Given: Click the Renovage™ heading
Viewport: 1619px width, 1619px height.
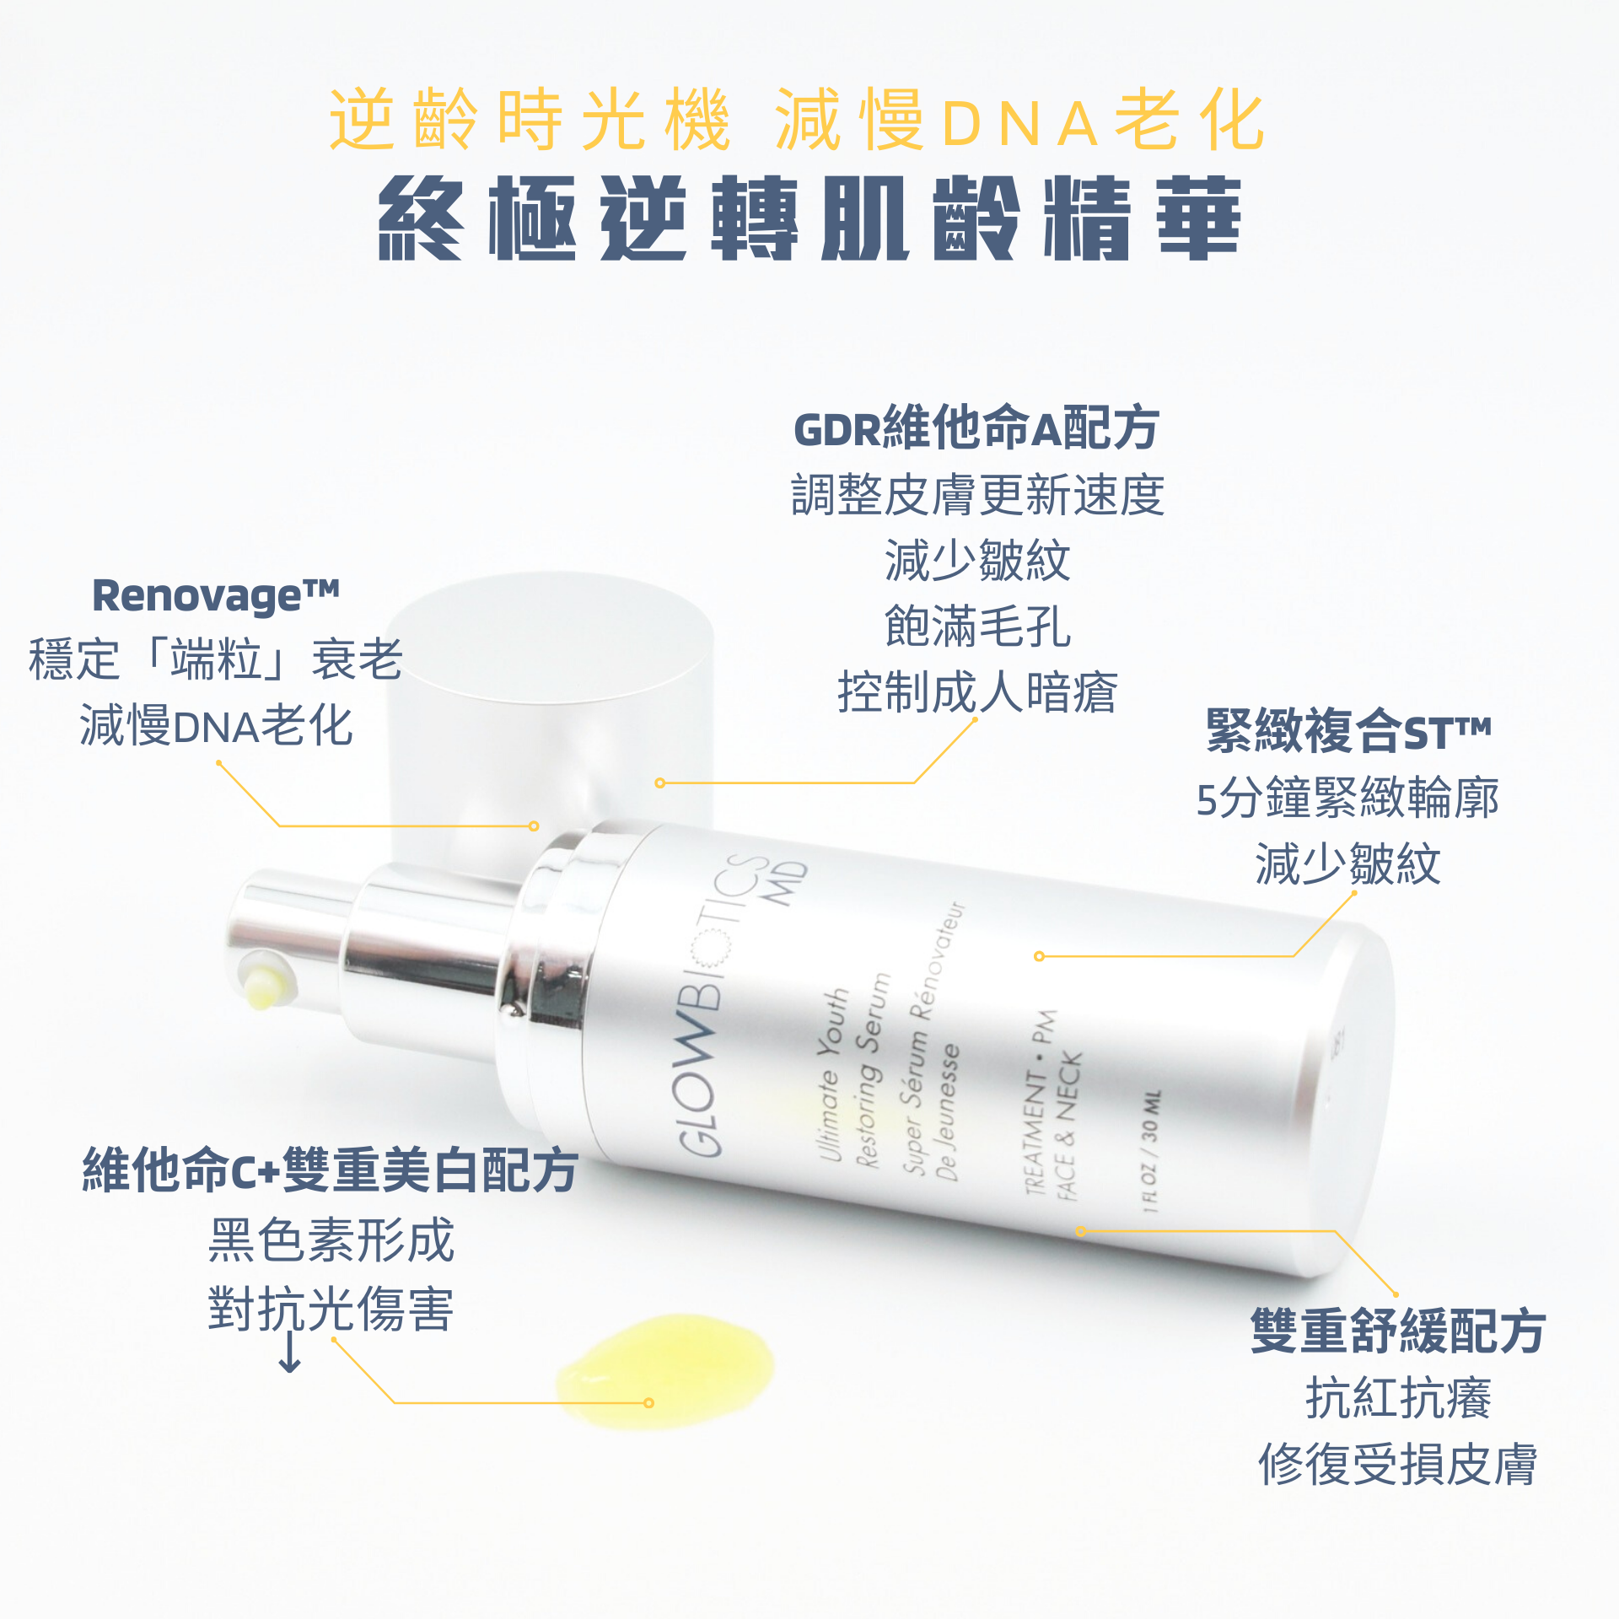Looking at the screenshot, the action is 216,596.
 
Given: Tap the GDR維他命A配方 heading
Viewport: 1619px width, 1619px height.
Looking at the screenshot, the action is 976,428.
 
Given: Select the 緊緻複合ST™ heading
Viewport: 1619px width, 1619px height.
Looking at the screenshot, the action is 1348,730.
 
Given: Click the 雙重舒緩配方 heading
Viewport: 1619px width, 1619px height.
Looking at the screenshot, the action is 1397,1331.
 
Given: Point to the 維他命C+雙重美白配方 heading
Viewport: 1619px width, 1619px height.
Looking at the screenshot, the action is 330,1170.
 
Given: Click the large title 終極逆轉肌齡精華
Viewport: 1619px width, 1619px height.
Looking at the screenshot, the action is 809,218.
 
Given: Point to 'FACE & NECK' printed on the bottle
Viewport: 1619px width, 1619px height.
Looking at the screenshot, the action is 1068,1126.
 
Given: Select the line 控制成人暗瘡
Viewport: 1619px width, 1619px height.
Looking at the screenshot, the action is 977,693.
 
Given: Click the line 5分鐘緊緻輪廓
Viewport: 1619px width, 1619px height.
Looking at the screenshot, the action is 1347,798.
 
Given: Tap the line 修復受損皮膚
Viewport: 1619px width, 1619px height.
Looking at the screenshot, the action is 1397,1465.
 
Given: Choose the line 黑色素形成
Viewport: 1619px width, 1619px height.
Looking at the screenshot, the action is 331,1240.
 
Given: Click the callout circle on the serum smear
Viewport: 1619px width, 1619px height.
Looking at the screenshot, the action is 648,1403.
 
